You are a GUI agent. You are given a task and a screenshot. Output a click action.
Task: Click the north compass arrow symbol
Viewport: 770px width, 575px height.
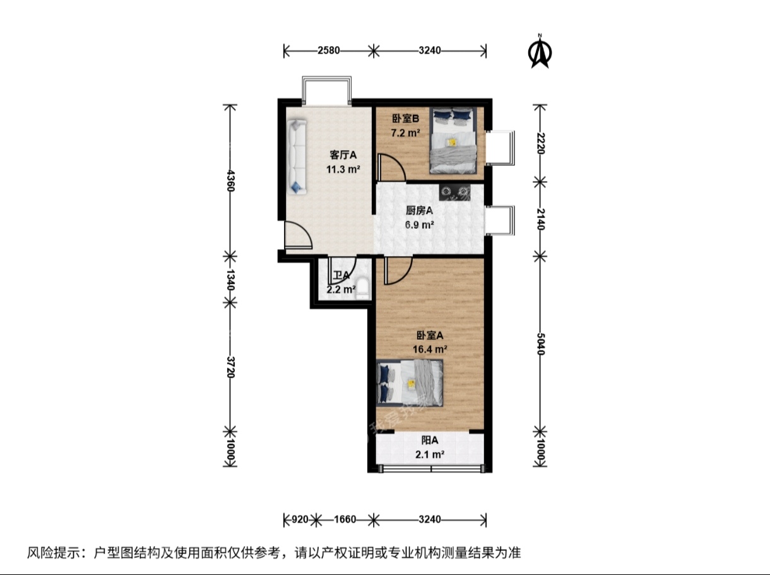coord(540,52)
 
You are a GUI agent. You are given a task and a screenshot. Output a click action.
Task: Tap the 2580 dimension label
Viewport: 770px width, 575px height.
coord(329,50)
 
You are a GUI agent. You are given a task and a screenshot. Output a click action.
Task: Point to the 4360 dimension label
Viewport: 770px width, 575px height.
coord(230,180)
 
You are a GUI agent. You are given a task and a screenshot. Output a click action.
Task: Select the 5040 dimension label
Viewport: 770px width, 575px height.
coord(541,344)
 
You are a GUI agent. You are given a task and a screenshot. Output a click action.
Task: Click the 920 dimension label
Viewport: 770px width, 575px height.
coord(300,519)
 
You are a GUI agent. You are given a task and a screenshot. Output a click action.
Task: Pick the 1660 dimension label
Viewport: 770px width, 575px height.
coord(345,519)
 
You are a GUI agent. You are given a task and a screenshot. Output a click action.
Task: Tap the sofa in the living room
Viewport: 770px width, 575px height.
coord(297,156)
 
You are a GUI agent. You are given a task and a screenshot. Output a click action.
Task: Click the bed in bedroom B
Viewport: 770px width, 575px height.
coord(453,140)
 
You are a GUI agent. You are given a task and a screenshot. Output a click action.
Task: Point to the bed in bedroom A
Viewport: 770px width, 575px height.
coord(410,383)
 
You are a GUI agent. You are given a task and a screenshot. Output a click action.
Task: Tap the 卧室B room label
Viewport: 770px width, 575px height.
coord(406,119)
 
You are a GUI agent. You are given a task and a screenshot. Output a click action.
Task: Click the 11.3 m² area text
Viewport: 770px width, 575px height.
coord(343,170)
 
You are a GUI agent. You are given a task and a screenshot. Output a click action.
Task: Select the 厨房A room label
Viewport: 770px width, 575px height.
coord(419,211)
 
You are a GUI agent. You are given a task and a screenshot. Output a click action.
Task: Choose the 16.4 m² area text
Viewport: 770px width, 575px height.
coord(430,349)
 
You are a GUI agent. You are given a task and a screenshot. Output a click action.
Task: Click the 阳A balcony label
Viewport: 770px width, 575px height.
coord(430,440)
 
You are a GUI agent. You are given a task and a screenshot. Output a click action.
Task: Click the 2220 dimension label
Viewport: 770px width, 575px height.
coord(541,143)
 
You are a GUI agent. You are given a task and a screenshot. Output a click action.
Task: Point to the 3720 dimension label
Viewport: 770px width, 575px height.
coord(230,367)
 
